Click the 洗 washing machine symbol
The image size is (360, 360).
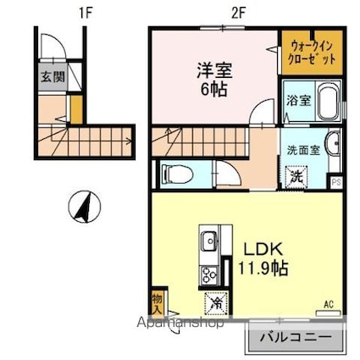(296, 176)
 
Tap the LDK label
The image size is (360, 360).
(263, 250)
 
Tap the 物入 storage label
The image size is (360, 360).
(158, 304)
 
